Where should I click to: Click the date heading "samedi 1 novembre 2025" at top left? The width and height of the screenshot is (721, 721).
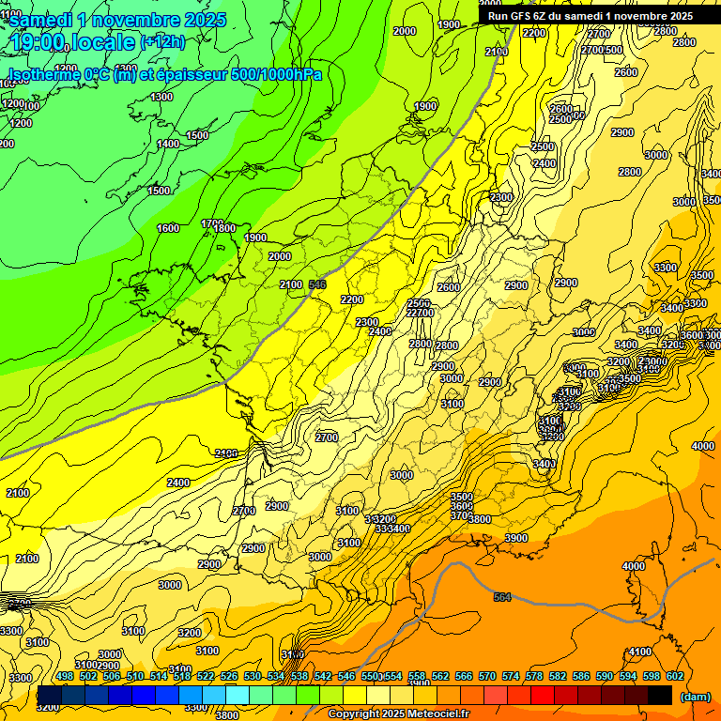point(117,20)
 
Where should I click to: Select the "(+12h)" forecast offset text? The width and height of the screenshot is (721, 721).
point(162,41)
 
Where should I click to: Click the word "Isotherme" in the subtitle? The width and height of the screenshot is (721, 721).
point(43,74)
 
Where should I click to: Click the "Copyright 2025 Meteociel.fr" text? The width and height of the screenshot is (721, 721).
point(399,713)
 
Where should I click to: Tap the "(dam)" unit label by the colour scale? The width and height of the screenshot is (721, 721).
point(695,697)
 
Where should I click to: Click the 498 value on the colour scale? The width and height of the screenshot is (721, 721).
point(65,677)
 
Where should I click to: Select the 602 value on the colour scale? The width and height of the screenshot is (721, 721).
point(675,677)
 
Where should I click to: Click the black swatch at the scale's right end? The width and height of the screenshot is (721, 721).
point(660,695)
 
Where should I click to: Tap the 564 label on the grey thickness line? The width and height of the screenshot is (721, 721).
point(503,597)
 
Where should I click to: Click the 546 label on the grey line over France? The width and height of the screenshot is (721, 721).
point(317,284)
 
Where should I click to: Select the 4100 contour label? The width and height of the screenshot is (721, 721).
point(640,652)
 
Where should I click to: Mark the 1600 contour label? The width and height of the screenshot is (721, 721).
point(168,228)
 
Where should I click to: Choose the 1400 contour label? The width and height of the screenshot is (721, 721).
point(168,144)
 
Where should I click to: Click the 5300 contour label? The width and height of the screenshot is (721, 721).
point(20,678)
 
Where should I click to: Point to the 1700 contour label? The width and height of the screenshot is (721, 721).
point(212,223)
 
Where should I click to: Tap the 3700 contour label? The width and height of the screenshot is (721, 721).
point(460,515)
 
